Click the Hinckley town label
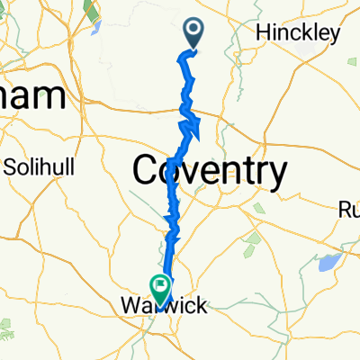tap(298, 32)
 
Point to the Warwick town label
tap(162, 306)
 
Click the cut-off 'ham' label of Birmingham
tap(32, 97)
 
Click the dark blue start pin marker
tap(195, 33)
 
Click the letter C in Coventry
tap(148, 168)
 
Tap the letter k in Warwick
tap(201, 306)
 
